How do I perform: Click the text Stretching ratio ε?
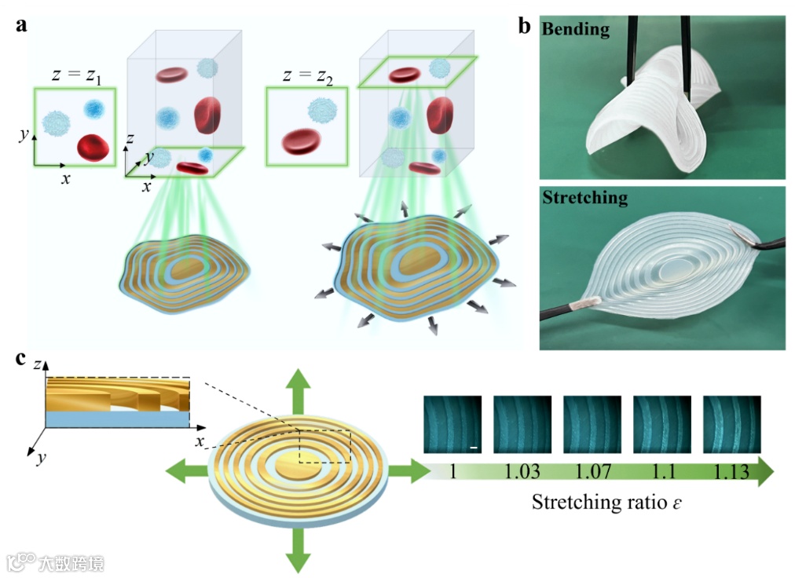click(606, 502)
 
